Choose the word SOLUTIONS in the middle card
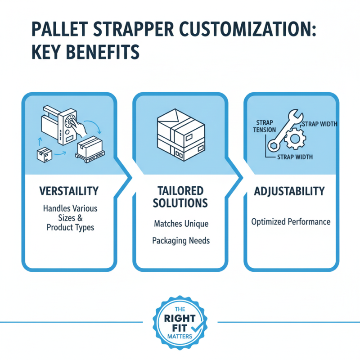[x=180, y=203]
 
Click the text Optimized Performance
[x=291, y=221]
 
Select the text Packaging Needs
[x=181, y=241]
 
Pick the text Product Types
[x=70, y=227]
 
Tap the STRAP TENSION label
[x=262, y=126]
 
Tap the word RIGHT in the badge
[x=180, y=319]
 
